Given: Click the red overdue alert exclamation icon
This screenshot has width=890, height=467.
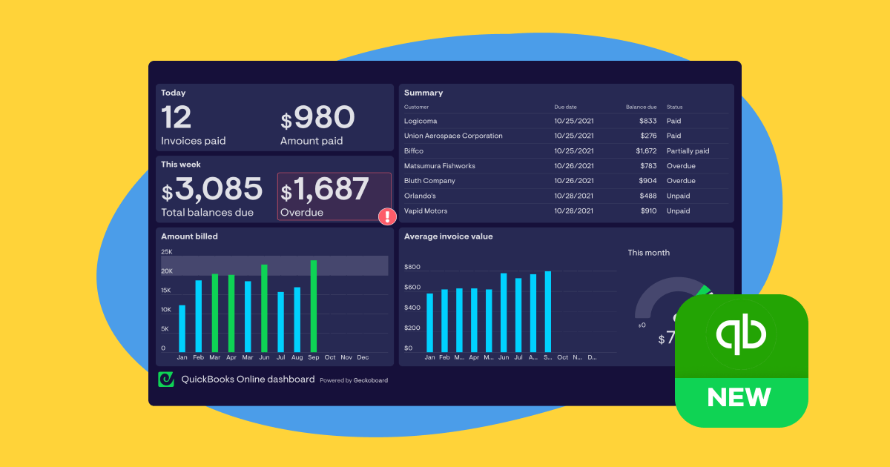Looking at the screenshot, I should [x=387, y=216].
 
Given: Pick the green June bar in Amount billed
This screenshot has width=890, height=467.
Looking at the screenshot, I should [x=264, y=308].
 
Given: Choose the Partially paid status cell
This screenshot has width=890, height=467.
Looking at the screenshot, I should [x=688, y=151].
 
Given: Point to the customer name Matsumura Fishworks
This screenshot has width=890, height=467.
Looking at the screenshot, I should [x=439, y=166].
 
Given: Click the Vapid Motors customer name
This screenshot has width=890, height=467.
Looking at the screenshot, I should [x=426, y=211].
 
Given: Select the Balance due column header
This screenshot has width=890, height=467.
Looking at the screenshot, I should [x=641, y=107].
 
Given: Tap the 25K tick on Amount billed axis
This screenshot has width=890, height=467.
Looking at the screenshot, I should [x=167, y=252].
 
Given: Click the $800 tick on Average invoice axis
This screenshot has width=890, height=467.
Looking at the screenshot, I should [x=412, y=267].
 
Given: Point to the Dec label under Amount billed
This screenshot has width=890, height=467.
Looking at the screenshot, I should [x=363, y=357].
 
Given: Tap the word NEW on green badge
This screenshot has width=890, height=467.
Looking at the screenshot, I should [x=739, y=397].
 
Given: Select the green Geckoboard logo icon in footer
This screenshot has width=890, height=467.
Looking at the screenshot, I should [x=166, y=380].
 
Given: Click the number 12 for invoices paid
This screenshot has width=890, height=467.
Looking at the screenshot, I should [x=177, y=118].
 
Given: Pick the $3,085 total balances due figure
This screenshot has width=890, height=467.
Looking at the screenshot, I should [x=212, y=190].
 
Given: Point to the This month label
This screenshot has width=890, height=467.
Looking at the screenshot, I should [x=648, y=253].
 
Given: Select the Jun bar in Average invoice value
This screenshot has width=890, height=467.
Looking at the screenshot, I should [x=504, y=312].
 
